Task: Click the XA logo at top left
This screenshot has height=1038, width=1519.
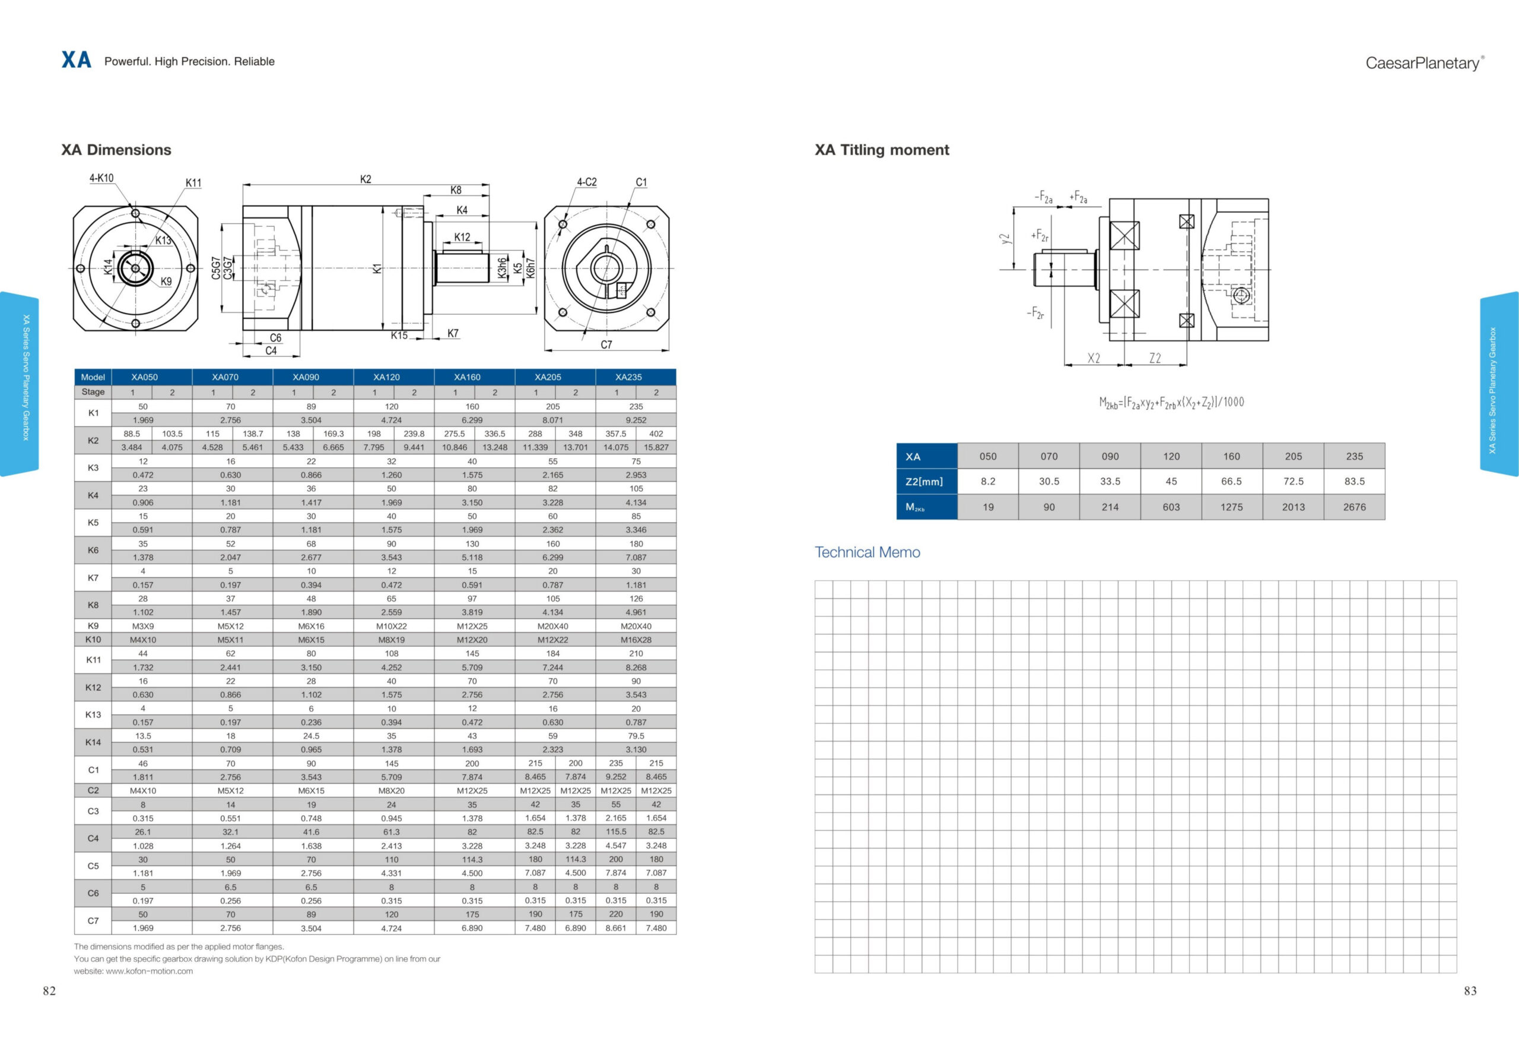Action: point(76,60)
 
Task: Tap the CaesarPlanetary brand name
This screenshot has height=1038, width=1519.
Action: point(1423,63)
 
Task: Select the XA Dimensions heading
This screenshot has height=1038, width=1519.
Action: point(116,150)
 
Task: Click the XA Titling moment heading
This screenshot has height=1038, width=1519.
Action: point(881,150)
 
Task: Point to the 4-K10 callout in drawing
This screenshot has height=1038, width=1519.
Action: point(101,178)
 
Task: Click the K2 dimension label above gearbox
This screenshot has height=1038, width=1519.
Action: point(366,179)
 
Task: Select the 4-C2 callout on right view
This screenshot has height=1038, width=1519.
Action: point(586,182)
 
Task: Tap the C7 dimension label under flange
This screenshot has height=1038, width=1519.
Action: point(606,344)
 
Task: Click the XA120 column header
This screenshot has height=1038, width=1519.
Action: point(386,378)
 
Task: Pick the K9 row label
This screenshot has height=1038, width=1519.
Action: point(93,626)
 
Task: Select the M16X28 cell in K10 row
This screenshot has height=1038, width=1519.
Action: point(635,640)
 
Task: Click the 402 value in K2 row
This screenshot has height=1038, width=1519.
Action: point(656,433)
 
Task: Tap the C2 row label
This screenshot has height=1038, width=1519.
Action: point(93,790)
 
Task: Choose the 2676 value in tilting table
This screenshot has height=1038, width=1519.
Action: point(1353,507)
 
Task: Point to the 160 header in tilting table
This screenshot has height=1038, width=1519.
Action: point(1231,457)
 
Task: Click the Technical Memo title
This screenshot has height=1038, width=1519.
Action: point(867,552)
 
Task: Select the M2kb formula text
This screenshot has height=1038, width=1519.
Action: point(1171,402)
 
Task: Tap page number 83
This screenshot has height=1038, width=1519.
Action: point(1469,991)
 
